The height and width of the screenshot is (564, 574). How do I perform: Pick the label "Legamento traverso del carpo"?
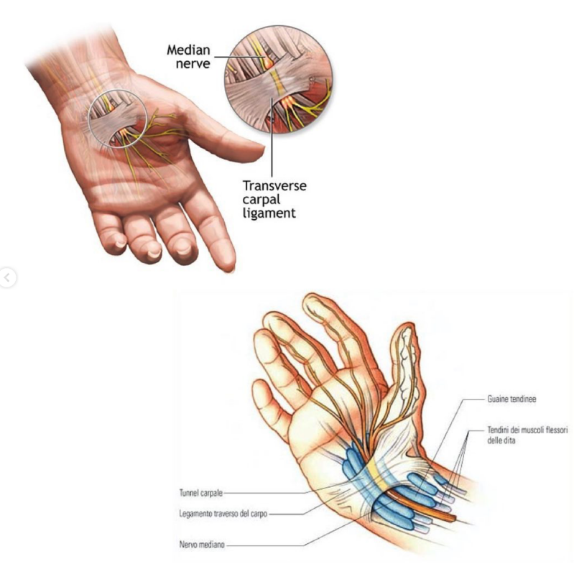coord(222,514)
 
